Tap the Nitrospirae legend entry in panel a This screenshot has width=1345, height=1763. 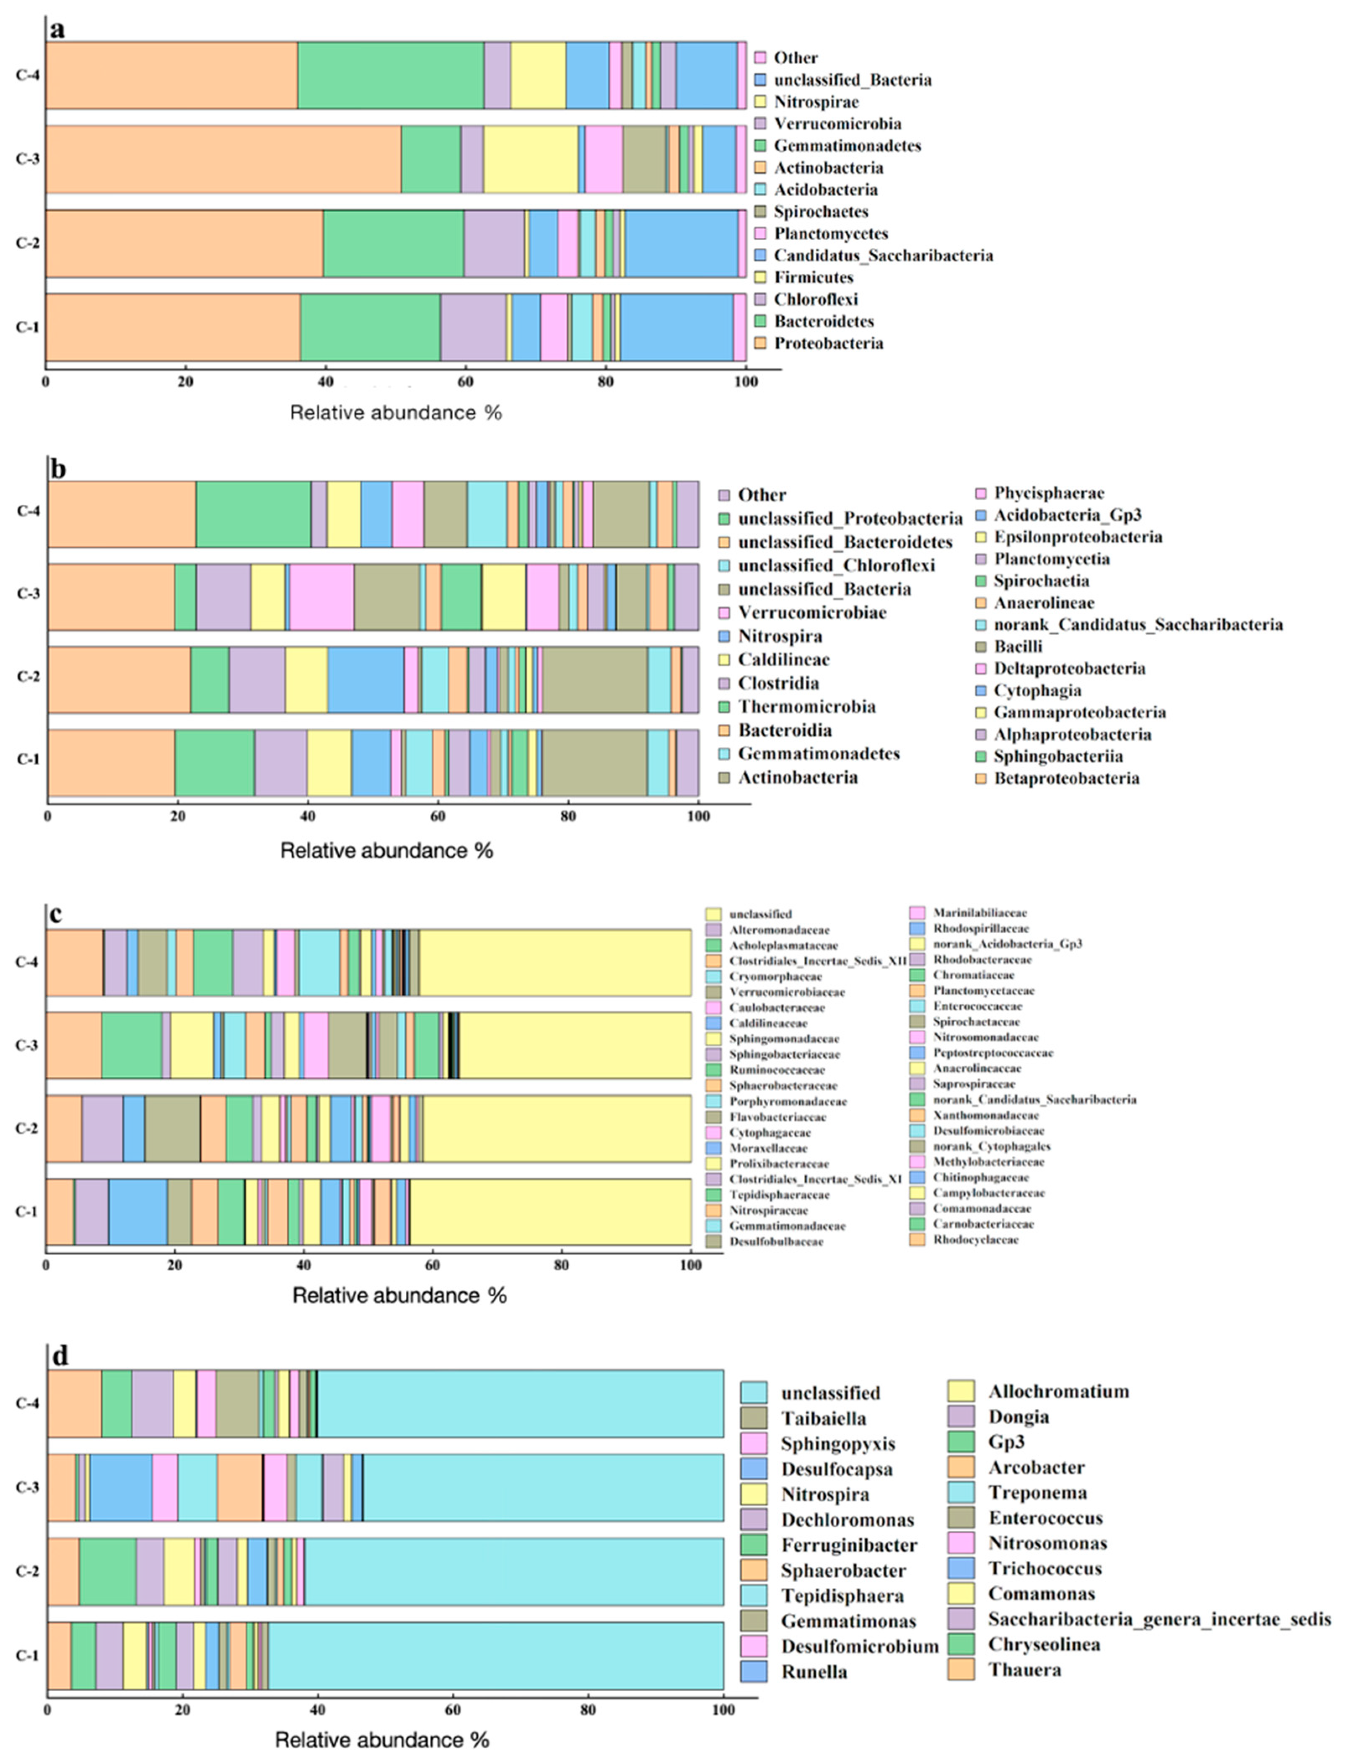[816, 102]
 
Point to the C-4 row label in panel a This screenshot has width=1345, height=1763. [27, 75]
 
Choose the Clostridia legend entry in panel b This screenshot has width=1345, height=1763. [778, 683]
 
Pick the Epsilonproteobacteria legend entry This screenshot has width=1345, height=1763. [1078, 536]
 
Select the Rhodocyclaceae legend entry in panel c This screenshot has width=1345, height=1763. [975, 1239]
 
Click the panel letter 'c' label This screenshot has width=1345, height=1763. [56, 914]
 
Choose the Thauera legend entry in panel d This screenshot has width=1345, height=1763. [1024, 1670]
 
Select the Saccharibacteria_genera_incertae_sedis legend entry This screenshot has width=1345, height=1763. [1158, 1619]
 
